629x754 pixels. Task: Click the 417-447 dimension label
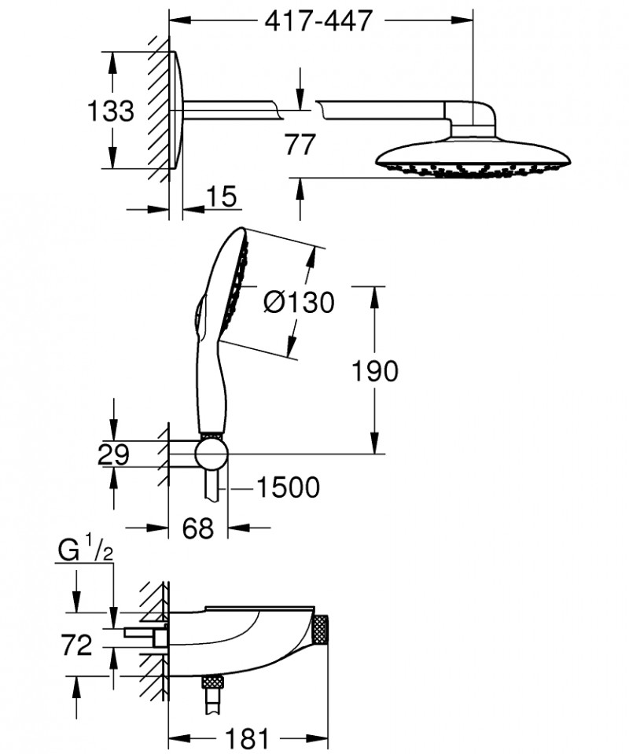coord(318,20)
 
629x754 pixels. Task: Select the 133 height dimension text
coord(109,111)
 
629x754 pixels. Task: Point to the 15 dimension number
coord(223,197)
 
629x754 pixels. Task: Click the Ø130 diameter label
coord(298,302)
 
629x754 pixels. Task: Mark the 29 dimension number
coord(113,454)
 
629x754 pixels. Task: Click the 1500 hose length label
coord(287,488)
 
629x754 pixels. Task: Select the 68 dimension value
coord(197,529)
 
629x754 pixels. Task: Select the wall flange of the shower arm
coord(178,111)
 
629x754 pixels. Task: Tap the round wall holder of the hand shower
coord(212,453)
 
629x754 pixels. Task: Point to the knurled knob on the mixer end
coord(341,631)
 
